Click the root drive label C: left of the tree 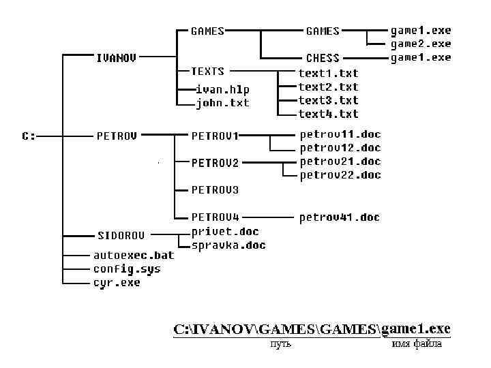[x=29, y=136]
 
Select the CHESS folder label [x=323, y=58]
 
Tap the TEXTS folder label [x=207, y=72]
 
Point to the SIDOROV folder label [x=121, y=236]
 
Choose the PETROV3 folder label [x=215, y=189]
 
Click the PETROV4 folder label [x=215, y=217]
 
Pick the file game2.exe [x=420, y=44]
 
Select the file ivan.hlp [x=222, y=89]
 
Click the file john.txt [x=222, y=104]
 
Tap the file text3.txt [x=328, y=101]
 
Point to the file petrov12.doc [x=340, y=148]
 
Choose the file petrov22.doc [x=340, y=175]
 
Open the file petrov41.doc [x=340, y=217]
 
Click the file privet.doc [x=225, y=232]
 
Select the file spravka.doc [x=228, y=245]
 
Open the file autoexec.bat [x=134, y=256]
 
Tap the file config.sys [x=127, y=269]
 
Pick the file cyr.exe [x=117, y=283]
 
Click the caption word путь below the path [x=281, y=344]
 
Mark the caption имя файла [x=417, y=344]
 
